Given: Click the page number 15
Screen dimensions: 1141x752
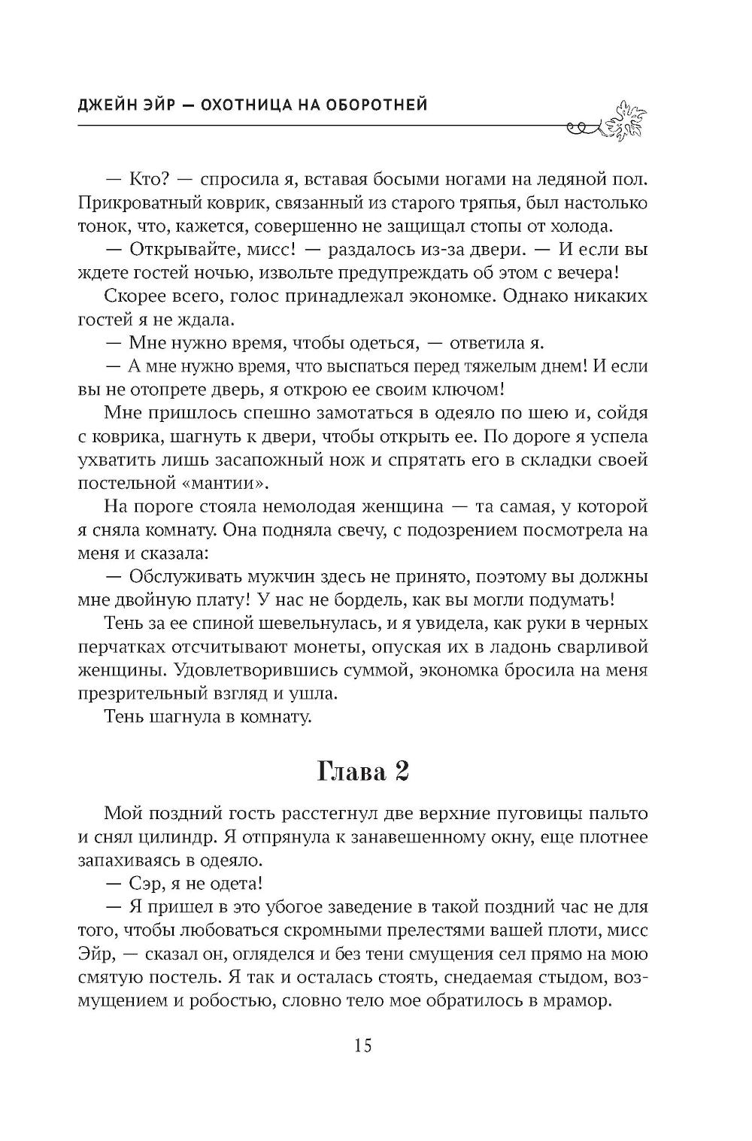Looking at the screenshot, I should click(x=362, y=1046).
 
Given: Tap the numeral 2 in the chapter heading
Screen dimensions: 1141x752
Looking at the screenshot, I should click(x=399, y=773).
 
